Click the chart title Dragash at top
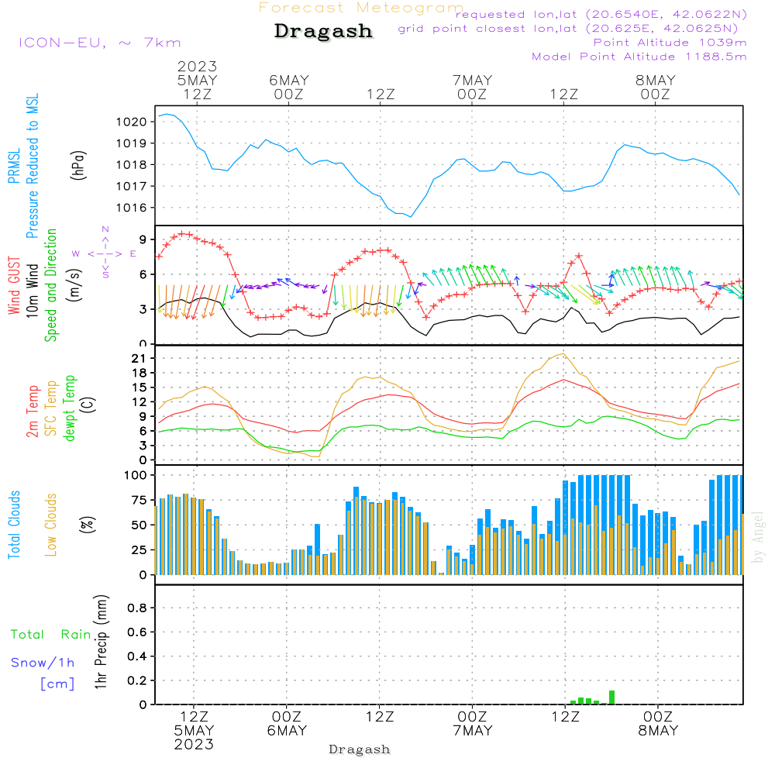point(323,32)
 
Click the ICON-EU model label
point(99,43)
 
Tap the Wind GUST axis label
point(15,287)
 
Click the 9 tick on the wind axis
point(144,239)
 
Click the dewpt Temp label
point(71,408)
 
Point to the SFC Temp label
point(52,408)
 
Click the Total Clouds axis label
point(15,525)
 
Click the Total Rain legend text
point(51,635)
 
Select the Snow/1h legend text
point(43,663)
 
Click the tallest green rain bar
point(611,697)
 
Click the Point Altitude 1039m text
point(670,43)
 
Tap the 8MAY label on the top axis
point(655,81)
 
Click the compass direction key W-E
point(105,253)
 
